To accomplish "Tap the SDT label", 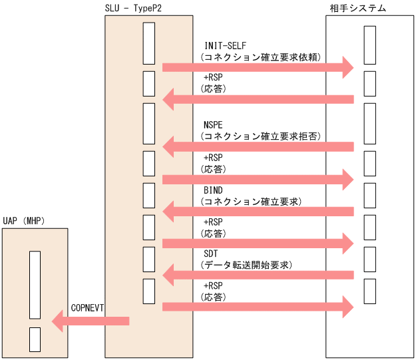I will tap(211, 254).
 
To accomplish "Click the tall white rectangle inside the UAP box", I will tap(35, 285).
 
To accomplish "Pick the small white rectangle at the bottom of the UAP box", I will tap(35, 339).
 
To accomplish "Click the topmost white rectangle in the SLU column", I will tap(149, 43).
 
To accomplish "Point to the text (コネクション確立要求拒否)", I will tap(262, 136).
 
